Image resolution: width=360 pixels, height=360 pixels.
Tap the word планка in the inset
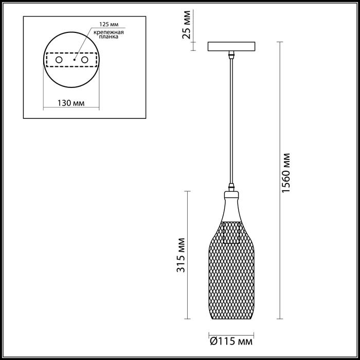(110, 37)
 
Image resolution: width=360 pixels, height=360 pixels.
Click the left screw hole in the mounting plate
(59, 60)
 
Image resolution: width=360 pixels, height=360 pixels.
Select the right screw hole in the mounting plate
(85, 60)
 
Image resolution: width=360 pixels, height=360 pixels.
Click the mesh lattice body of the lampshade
(233, 278)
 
